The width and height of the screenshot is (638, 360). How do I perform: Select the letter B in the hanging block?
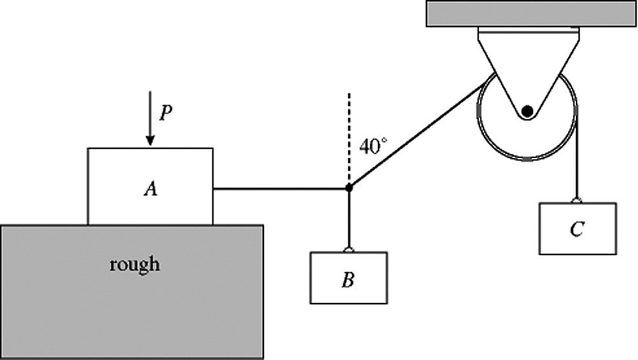pyautogui.click(x=348, y=282)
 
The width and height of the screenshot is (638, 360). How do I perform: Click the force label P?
pyautogui.click(x=166, y=114)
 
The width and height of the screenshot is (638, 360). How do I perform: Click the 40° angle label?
pyautogui.click(x=373, y=147)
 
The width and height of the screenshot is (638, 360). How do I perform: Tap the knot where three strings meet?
pyautogui.click(x=349, y=188)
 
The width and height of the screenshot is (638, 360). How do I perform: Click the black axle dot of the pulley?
pyautogui.click(x=528, y=111)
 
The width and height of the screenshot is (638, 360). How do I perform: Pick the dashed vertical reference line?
pyautogui.click(x=349, y=136)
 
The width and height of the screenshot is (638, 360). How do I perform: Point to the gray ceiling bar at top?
pyautogui.click(x=530, y=14)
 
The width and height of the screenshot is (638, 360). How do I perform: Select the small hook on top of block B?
pyautogui.click(x=349, y=249)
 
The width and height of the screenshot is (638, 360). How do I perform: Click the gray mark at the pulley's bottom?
pyautogui.click(x=528, y=159)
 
